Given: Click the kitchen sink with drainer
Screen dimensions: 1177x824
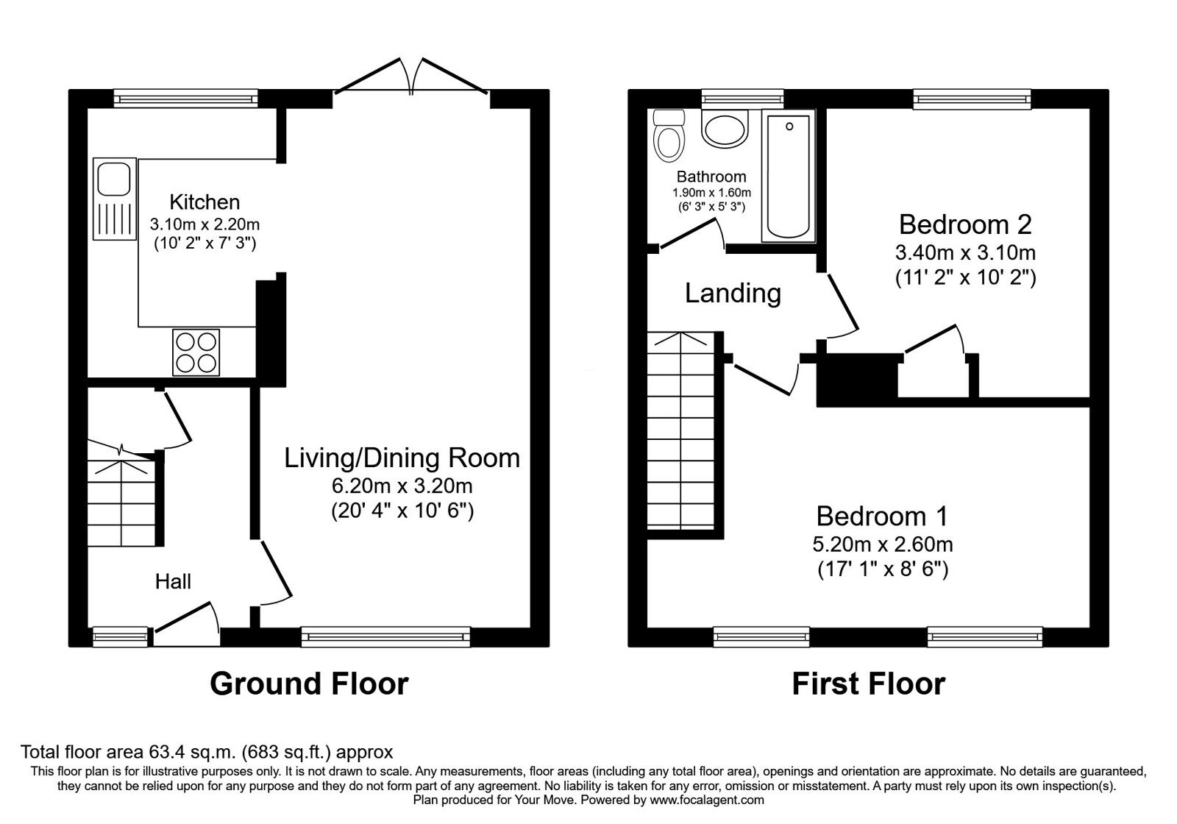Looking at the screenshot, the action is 115,199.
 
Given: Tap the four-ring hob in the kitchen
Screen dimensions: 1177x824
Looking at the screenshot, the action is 196,352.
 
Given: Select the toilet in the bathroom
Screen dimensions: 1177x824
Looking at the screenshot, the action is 669,135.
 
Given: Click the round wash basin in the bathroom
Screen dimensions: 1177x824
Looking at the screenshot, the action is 725,129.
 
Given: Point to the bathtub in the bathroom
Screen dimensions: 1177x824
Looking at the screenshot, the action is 789,176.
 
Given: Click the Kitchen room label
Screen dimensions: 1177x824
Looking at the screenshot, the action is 205,202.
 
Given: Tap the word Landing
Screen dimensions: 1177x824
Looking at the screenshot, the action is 733,294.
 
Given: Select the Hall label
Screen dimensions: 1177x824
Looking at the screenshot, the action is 173,582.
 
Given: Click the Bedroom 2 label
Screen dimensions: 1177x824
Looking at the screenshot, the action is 965,224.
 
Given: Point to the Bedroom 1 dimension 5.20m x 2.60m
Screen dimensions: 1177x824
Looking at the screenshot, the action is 883,544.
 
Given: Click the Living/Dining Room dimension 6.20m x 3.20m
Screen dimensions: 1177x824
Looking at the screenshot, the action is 402,486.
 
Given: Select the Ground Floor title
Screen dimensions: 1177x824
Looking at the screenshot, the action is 309,684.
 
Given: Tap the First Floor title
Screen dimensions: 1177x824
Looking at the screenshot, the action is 869,684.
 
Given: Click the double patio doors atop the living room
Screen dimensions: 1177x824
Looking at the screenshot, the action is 411,77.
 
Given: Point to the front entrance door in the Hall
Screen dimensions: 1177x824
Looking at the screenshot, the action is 187,623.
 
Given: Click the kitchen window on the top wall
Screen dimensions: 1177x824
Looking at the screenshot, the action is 186,99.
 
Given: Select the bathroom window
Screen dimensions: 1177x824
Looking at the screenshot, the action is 742,99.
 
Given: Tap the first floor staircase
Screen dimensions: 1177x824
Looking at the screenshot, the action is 681,430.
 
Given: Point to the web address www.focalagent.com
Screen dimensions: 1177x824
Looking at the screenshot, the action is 707,800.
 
